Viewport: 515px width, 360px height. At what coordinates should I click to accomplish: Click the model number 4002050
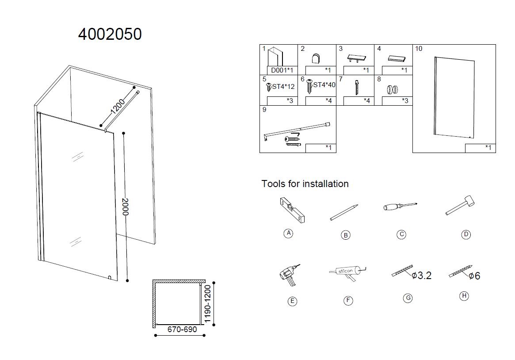click(x=110, y=34)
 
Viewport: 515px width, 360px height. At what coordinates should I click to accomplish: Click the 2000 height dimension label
click(x=126, y=207)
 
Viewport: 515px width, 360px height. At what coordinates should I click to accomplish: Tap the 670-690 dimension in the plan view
click(x=182, y=329)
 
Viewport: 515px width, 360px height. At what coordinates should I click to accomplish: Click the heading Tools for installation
click(x=305, y=184)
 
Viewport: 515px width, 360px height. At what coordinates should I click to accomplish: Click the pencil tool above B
click(x=344, y=212)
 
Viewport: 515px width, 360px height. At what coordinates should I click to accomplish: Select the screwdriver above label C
click(x=400, y=207)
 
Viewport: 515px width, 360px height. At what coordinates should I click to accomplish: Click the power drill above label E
click(x=288, y=275)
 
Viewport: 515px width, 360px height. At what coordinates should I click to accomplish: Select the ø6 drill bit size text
click(x=474, y=276)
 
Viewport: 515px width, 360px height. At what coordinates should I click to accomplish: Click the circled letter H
click(x=464, y=296)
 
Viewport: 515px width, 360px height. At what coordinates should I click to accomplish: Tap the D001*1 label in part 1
click(x=282, y=70)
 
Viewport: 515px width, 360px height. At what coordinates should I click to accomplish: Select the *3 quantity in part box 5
click(x=290, y=101)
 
